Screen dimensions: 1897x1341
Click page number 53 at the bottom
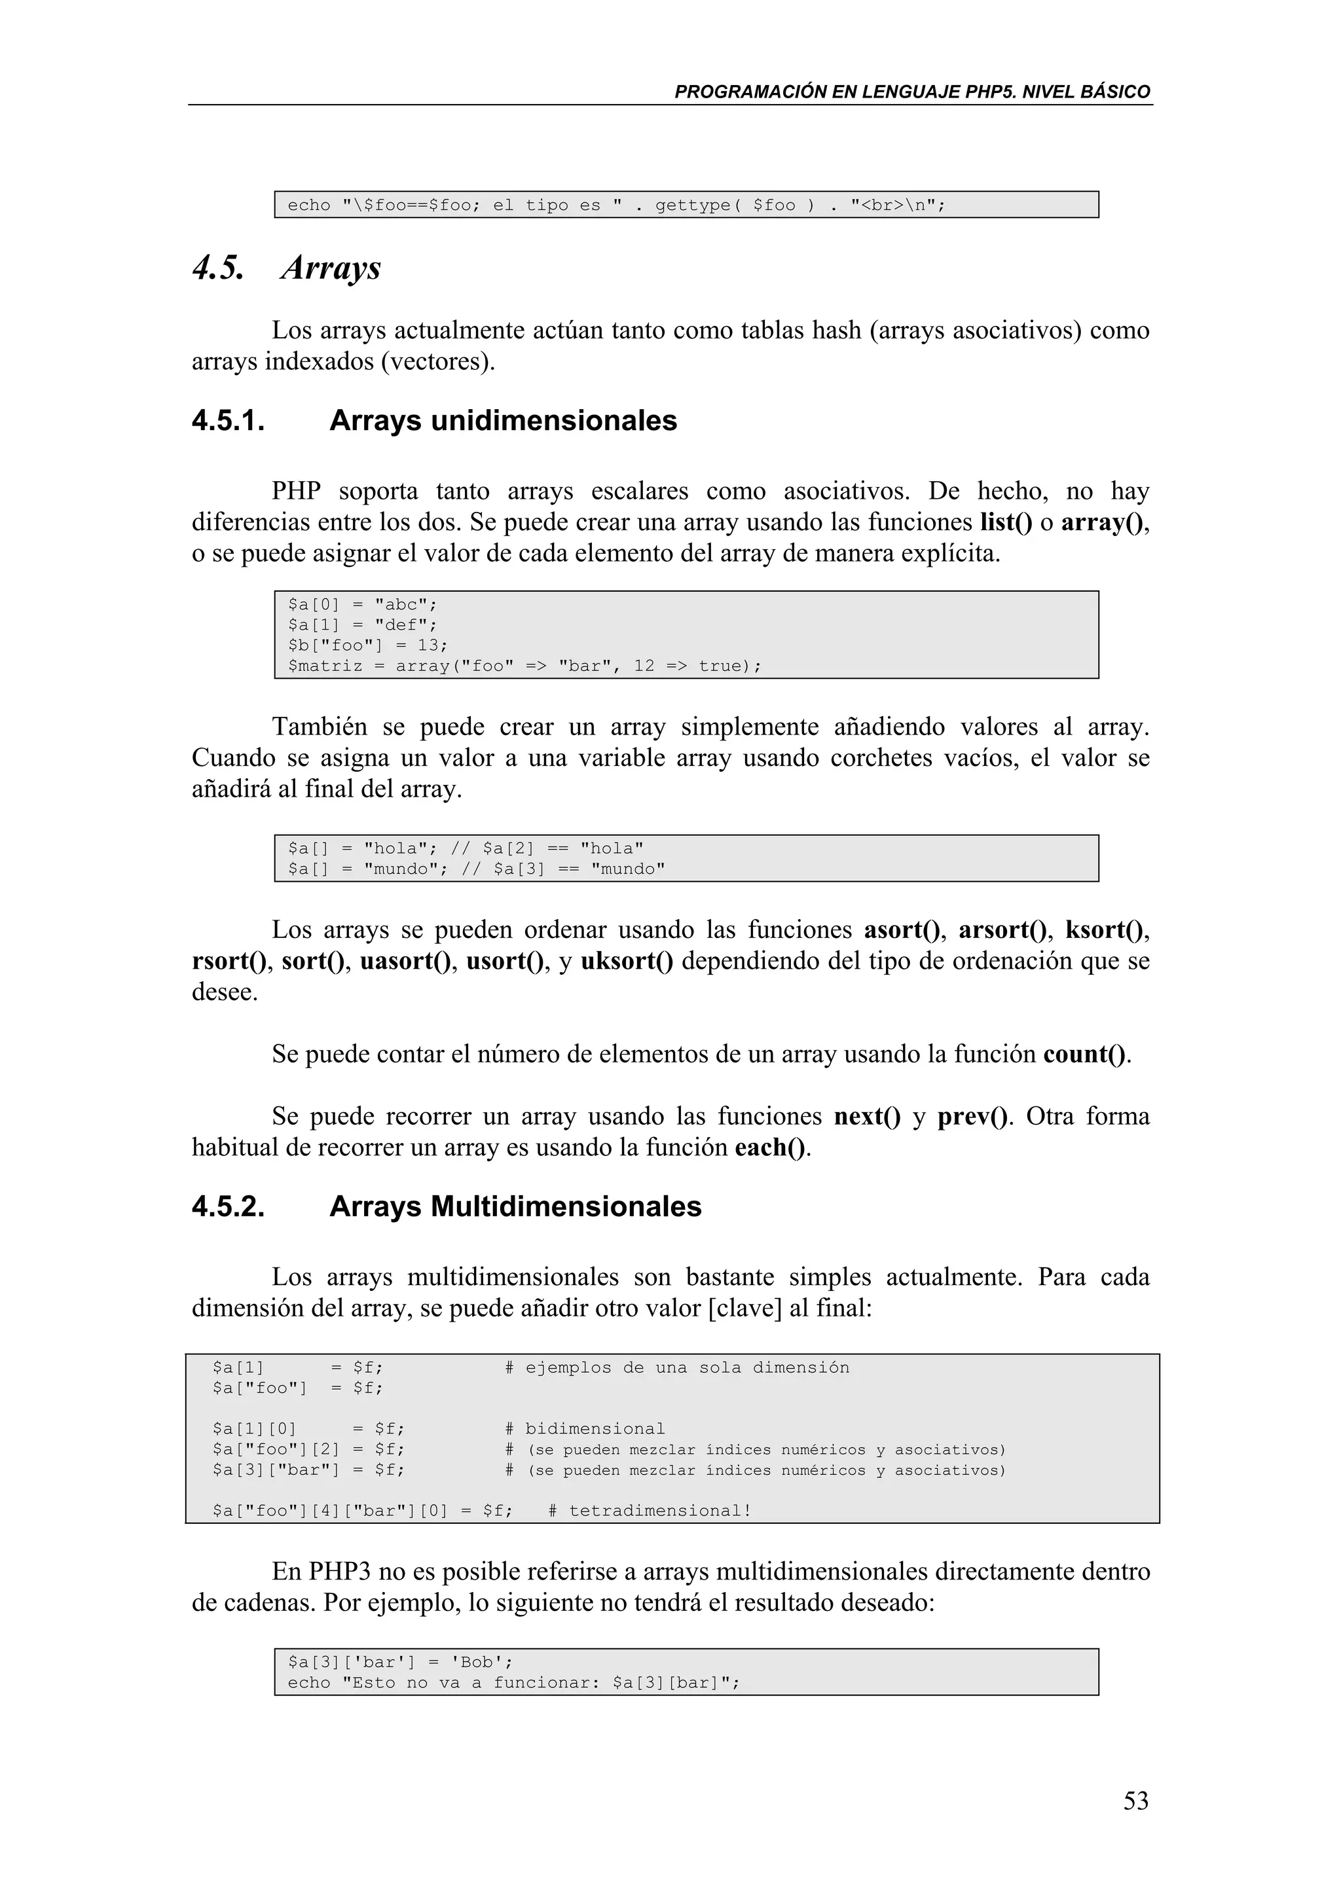1135,1800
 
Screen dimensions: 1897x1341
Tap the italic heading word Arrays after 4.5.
331,268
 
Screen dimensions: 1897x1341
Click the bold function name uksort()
626,961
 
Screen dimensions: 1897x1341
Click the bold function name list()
1006,522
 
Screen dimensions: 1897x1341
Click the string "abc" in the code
401,605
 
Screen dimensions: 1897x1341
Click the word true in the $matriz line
720,666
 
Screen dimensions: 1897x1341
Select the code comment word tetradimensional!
660,1511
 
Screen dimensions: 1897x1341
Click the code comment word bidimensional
595,1430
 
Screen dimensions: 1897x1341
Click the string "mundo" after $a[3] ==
628,869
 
